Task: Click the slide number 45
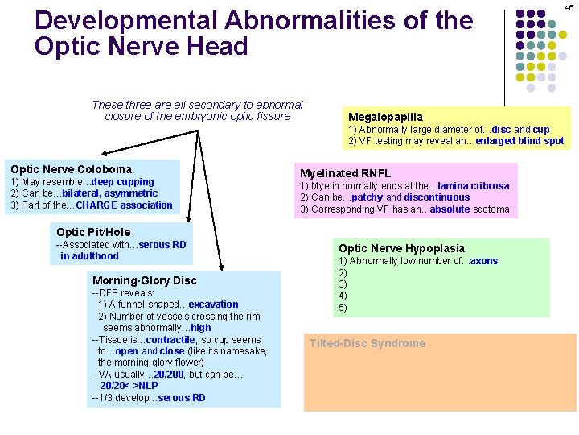click(x=569, y=7)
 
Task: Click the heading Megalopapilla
click(x=384, y=117)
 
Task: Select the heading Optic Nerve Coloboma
click(x=71, y=169)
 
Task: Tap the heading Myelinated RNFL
click(x=345, y=173)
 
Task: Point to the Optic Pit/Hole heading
click(x=93, y=232)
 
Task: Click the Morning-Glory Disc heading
click(x=144, y=280)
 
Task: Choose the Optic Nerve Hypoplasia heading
click(x=401, y=248)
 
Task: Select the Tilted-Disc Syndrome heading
click(x=368, y=343)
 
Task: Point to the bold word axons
click(x=484, y=261)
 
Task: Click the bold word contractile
click(x=170, y=340)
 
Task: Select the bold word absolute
click(x=449, y=209)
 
